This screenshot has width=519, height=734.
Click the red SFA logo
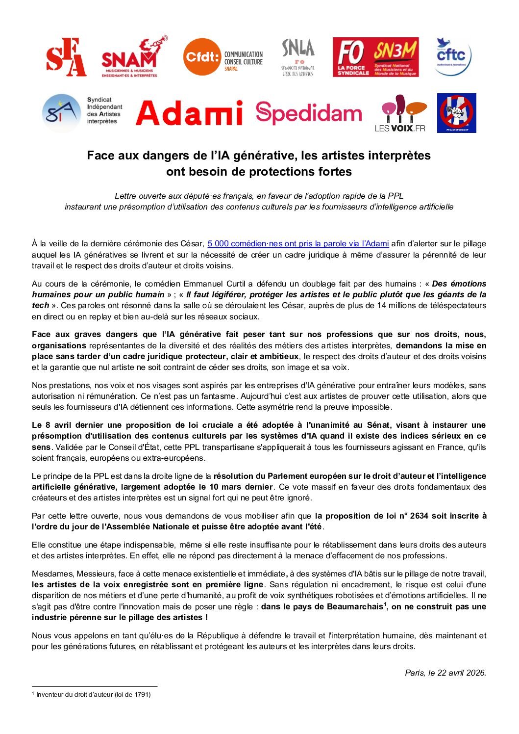tap(66, 58)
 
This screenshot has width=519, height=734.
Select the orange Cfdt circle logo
tap(202, 57)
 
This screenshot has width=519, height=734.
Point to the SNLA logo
tap(297, 57)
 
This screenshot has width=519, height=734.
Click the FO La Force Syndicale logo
tap(352, 57)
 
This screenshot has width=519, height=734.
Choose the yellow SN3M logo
tap(395, 57)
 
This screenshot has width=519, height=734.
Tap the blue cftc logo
tap(452, 56)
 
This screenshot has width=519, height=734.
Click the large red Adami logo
tap(189, 113)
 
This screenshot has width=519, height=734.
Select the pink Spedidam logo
tap(308, 113)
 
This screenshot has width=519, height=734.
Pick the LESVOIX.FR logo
tap(400, 113)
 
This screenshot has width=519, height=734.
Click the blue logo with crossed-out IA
tap(457, 113)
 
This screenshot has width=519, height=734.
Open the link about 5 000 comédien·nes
tap(298, 244)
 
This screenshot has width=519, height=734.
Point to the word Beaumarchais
tap(354, 606)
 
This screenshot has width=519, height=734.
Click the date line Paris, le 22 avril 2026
tap(445, 673)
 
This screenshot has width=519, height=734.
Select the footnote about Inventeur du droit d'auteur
tap(93, 694)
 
